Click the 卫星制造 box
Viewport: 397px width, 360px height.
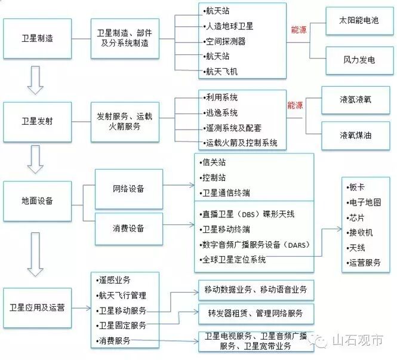[x=38, y=38]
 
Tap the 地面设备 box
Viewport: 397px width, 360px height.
[x=38, y=201]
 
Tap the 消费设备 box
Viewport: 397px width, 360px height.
[x=128, y=228]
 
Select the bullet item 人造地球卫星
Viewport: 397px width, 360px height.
[x=230, y=26]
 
